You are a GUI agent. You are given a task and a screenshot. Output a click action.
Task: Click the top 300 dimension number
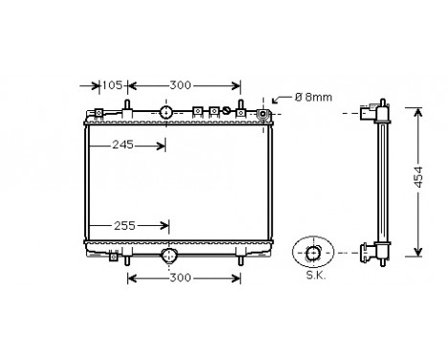[180, 85]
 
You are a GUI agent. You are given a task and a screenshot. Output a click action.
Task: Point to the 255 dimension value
[126, 226]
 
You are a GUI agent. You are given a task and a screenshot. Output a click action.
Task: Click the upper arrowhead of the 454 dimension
[417, 111]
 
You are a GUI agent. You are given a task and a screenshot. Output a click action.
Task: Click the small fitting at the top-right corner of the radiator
[265, 115]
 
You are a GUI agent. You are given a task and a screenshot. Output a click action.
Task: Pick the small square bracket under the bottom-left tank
[113, 257]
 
